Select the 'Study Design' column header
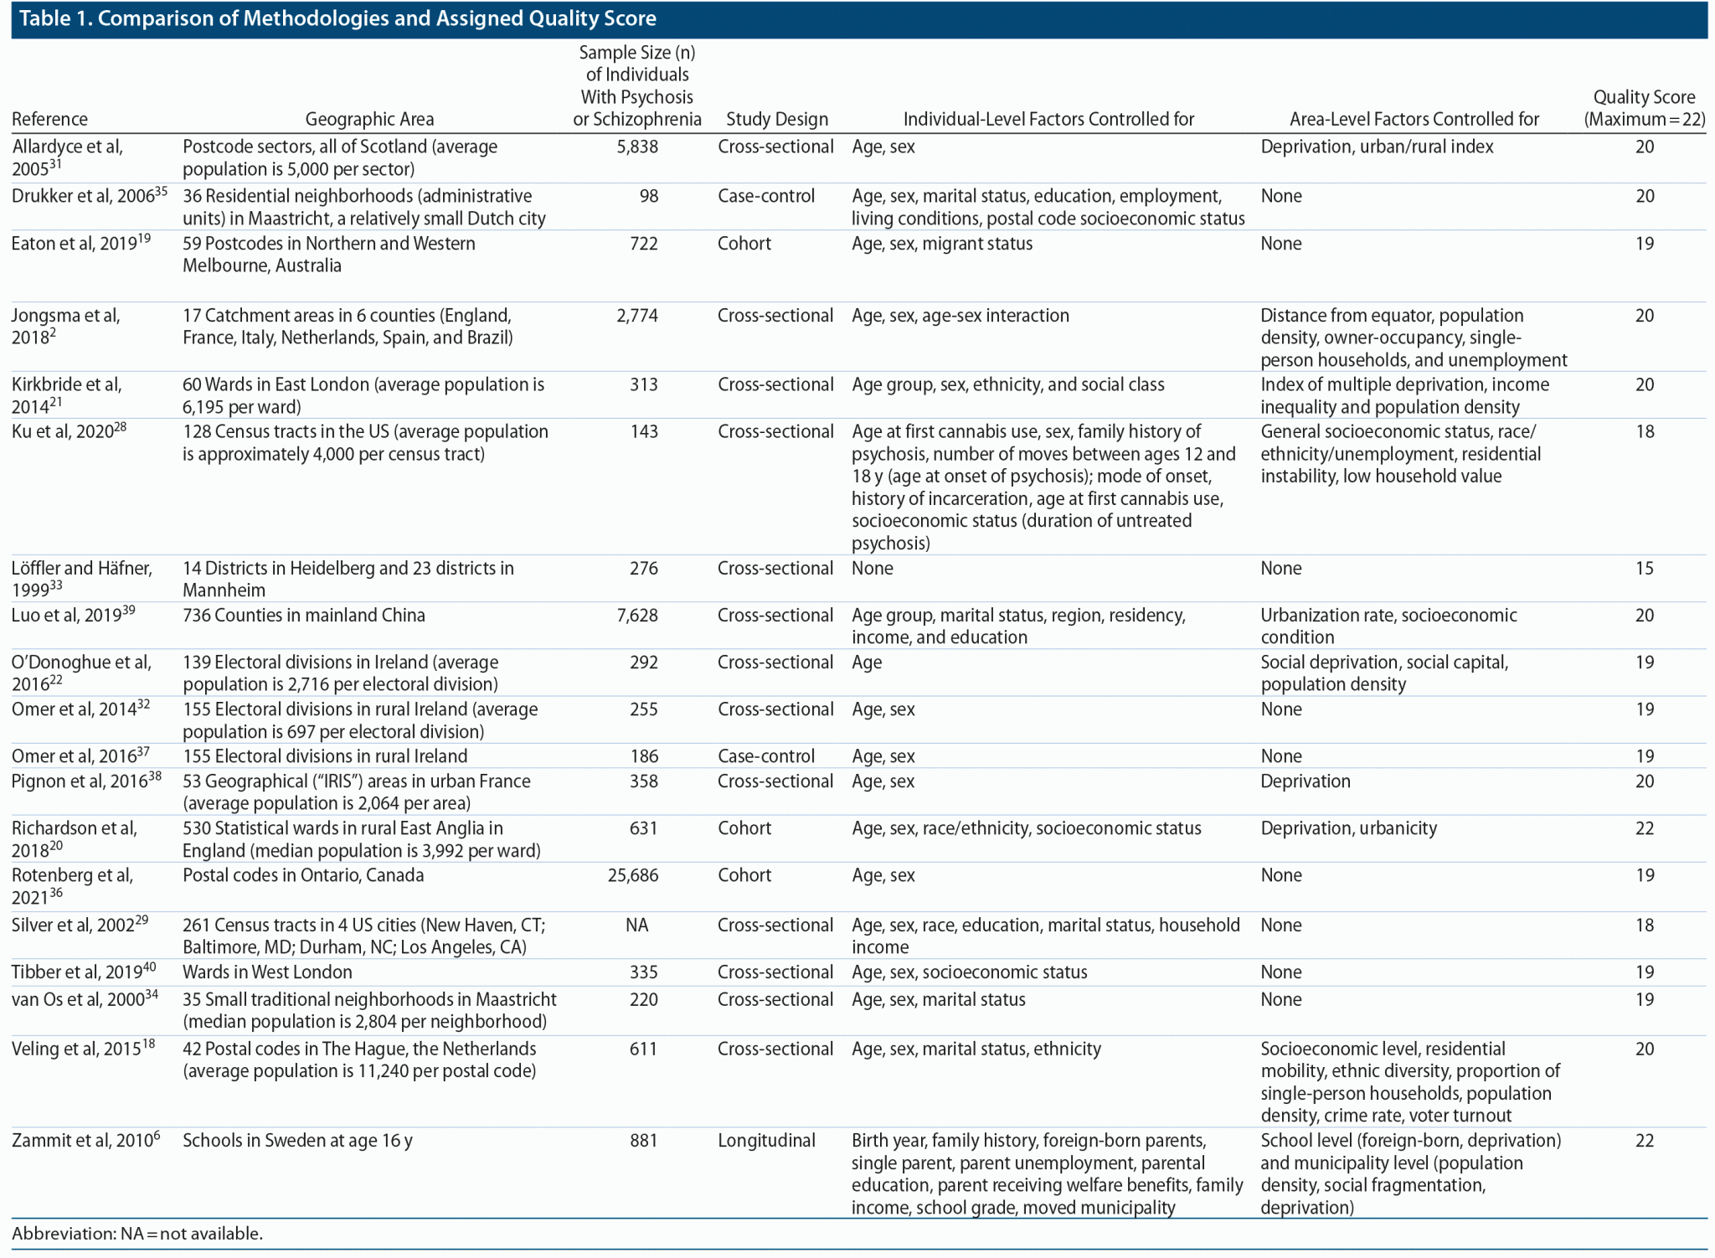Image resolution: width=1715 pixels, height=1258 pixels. point(776,119)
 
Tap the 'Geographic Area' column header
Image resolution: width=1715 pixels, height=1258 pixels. point(369,119)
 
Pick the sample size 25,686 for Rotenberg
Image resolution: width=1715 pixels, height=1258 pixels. point(633,875)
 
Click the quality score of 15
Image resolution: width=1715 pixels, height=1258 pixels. point(1644,568)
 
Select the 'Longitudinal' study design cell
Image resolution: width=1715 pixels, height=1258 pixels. point(766,1141)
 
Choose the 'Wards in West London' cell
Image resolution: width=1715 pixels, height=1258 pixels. point(267,972)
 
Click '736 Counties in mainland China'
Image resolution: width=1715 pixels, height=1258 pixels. point(304,615)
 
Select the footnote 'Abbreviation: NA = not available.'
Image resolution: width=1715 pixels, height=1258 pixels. point(137,1233)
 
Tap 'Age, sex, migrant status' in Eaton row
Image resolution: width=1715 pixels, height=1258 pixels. point(942,244)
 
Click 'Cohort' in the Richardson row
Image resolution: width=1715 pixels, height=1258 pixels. point(744,828)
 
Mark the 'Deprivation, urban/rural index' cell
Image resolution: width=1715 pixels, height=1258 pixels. point(1377,147)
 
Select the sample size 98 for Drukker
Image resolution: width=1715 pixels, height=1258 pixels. point(648,196)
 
